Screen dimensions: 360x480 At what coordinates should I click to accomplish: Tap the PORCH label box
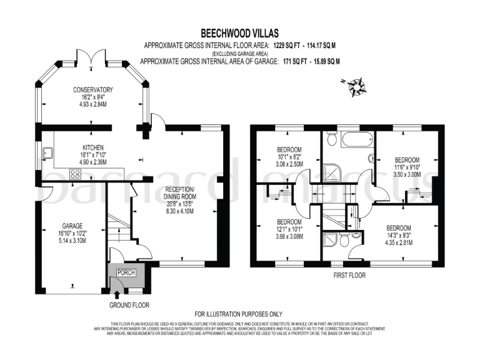pos(127,271)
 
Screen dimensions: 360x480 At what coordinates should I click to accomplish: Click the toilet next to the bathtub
pos(332,137)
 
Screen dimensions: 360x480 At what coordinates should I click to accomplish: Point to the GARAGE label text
pos(72,226)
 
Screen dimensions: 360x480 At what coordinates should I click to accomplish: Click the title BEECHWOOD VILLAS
pos(240,32)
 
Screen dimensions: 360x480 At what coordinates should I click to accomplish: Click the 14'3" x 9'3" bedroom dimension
pos(398,235)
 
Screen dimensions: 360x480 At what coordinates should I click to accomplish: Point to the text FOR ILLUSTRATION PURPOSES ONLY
pos(239,314)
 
